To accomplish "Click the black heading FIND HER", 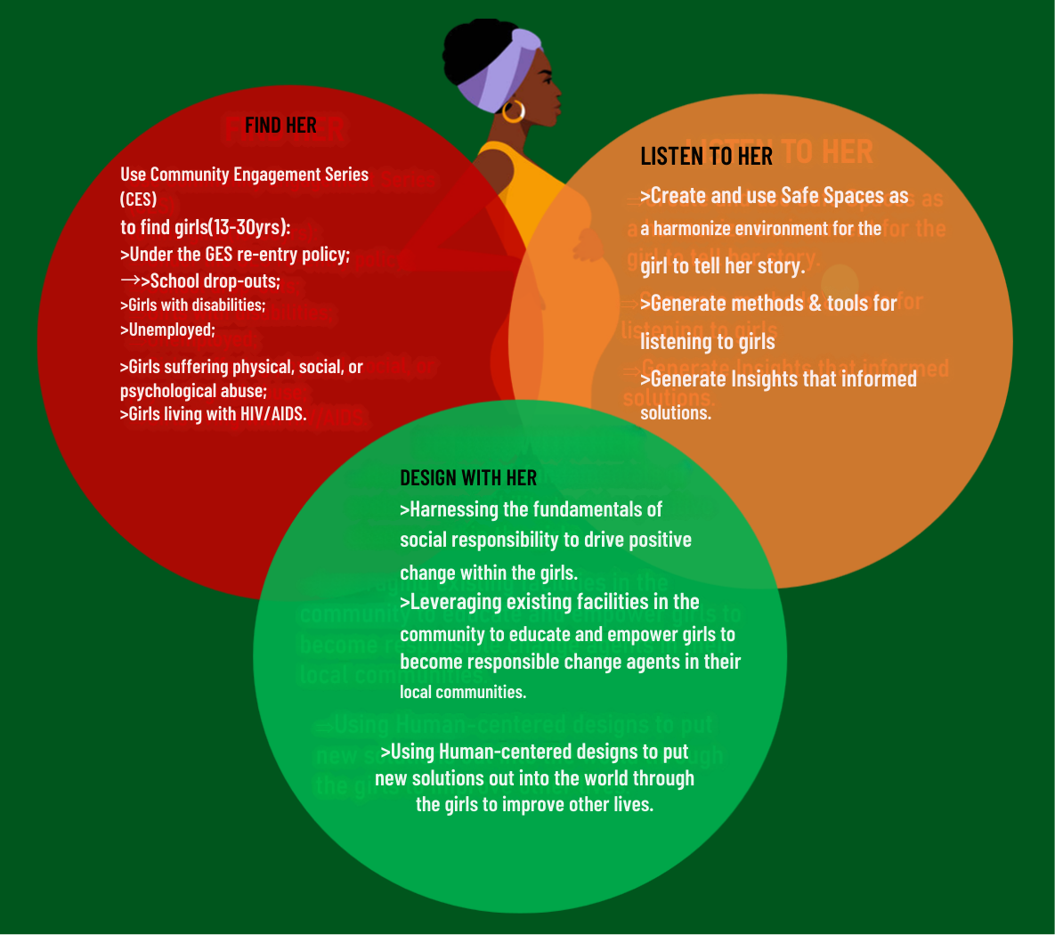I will pyautogui.click(x=280, y=126).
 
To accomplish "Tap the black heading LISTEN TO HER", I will pyautogui.click(x=706, y=157).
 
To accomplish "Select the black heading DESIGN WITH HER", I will pyautogui.click(x=468, y=478).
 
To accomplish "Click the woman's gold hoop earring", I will pyautogui.click(x=514, y=111).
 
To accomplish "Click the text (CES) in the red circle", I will pyautogui.click(x=138, y=199).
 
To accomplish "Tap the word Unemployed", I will pyautogui.click(x=171, y=330).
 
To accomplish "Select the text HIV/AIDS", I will pyautogui.click(x=272, y=414).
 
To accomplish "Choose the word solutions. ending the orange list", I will pyautogui.click(x=676, y=413).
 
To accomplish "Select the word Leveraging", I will pyautogui.click(x=456, y=602).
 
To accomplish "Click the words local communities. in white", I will pyautogui.click(x=463, y=692).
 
